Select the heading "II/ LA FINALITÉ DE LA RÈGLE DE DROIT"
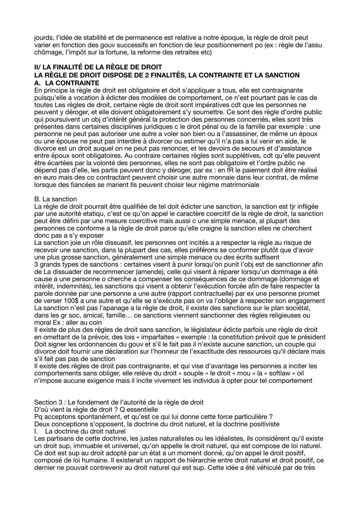98,67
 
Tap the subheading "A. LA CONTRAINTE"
67,83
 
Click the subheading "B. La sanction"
55,199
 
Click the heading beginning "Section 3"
119,402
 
